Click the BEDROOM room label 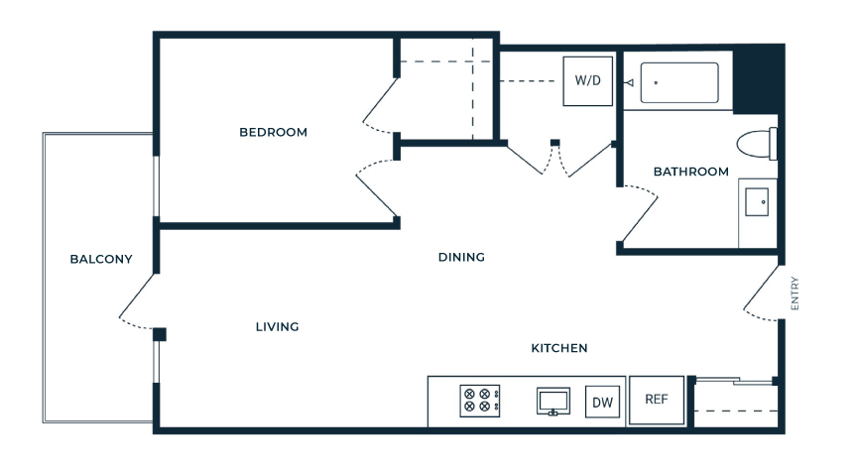(x=274, y=132)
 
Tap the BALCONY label (x=101, y=259)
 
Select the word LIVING (x=277, y=326)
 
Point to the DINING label (x=461, y=257)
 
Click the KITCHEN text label (x=559, y=348)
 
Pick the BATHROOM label (x=690, y=172)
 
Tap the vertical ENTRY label (x=795, y=294)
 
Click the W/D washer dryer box (x=588, y=81)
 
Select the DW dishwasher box (x=602, y=402)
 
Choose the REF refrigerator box (x=657, y=400)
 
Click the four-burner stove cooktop (x=480, y=401)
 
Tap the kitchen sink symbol (x=553, y=402)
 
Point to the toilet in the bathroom (x=757, y=144)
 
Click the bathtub (x=679, y=83)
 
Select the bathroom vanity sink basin (x=757, y=201)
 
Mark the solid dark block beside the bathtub (x=758, y=79)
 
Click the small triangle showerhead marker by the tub (x=629, y=83)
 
